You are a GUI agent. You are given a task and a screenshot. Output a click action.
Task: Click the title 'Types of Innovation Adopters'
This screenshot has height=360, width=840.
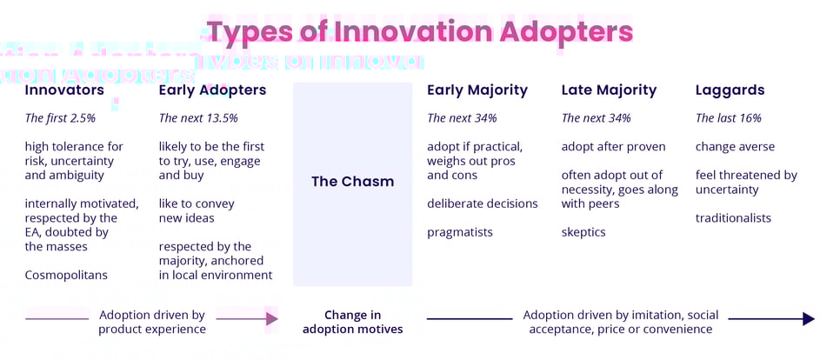[419, 32]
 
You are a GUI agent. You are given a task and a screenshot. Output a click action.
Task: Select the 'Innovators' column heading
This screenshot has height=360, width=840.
[64, 90]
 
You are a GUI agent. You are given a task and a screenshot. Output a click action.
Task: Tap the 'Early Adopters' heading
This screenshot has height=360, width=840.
[212, 90]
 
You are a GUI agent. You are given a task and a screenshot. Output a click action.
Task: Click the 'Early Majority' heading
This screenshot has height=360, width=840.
[477, 90]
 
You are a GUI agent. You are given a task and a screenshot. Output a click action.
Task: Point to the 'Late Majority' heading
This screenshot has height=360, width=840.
[609, 90]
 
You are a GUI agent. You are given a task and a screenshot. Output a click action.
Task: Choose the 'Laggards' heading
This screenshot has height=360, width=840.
[730, 90]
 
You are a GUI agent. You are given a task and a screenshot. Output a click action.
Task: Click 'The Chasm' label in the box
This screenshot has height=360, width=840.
[352, 182]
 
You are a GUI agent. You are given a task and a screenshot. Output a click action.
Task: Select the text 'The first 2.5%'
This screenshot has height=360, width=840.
[60, 118]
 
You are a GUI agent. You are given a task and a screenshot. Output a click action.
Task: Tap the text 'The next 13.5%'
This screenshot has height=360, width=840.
[198, 118]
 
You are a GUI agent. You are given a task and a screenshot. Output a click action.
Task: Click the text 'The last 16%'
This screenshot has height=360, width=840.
[729, 118]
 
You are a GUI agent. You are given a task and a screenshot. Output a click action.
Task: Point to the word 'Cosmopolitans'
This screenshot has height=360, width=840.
[66, 275]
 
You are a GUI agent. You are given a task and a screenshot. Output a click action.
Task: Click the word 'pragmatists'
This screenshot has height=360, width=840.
[460, 232]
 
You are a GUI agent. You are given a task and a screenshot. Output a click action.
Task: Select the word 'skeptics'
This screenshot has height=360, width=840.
[583, 232]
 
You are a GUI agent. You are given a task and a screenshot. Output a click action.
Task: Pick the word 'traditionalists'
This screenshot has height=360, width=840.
[733, 218]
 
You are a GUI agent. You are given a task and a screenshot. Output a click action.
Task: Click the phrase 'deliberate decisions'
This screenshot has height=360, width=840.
[483, 203]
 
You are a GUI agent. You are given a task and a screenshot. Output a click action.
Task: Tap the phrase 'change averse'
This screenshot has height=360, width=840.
[735, 147]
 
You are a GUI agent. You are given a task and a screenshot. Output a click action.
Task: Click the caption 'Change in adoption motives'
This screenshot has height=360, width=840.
[352, 322]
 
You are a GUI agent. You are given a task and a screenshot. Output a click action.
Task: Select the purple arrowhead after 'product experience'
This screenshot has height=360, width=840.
[272, 319]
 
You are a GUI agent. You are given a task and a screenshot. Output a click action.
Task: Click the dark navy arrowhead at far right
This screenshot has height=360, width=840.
[808, 319]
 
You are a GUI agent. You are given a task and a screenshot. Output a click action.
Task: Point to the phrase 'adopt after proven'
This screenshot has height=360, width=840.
[613, 147]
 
